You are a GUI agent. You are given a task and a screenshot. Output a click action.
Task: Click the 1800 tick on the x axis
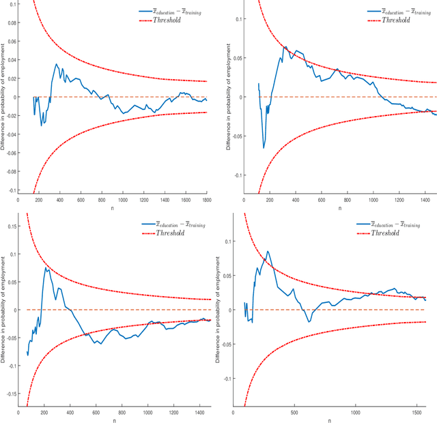206,199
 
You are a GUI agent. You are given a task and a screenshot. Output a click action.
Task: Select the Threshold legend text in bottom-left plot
178,233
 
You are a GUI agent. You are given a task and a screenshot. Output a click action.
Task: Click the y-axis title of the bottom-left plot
4,314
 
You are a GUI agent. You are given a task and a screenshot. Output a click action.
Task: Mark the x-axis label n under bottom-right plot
330,420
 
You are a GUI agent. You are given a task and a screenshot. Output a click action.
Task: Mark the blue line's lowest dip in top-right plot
264,147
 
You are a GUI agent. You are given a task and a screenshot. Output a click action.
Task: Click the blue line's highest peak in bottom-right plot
267,251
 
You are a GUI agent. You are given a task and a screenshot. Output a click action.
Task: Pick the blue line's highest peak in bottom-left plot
46,267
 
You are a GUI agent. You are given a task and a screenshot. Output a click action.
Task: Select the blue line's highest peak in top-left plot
57,64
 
